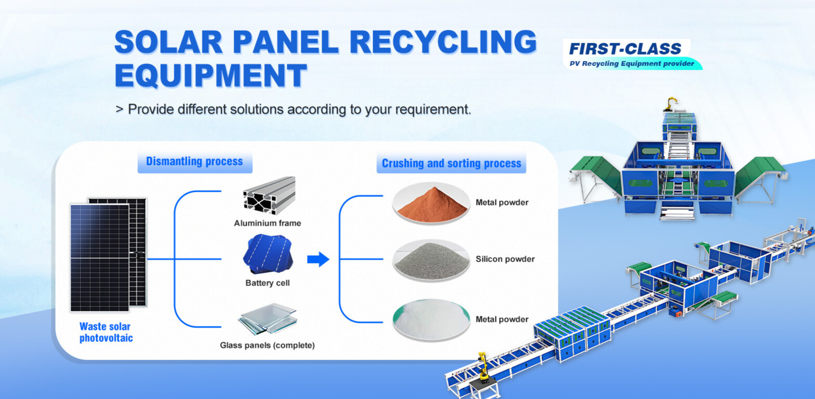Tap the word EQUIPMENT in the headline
click(x=210, y=76)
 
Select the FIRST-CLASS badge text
click(x=625, y=49)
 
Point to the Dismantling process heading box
click(x=195, y=162)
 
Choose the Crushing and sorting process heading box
click(x=451, y=163)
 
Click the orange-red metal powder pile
click(x=430, y=203)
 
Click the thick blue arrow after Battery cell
click(x=318, y=259)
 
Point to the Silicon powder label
click(x=505, y=259)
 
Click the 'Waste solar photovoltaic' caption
click(x=106, y=332)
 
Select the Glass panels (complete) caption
click(x=267, y=345)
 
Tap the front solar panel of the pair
click(x=99, y=257)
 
